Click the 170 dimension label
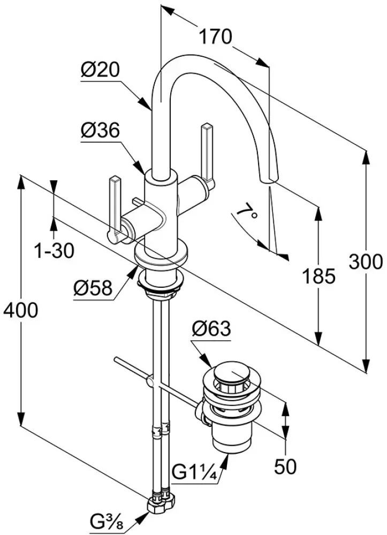[x=216, y=37]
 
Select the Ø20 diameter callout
[x=100, y=70]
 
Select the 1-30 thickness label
[x=55, y=249]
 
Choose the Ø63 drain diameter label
[x=212, y=328]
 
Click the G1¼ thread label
[x=195, y=473]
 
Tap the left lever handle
[x=114, y=206]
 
